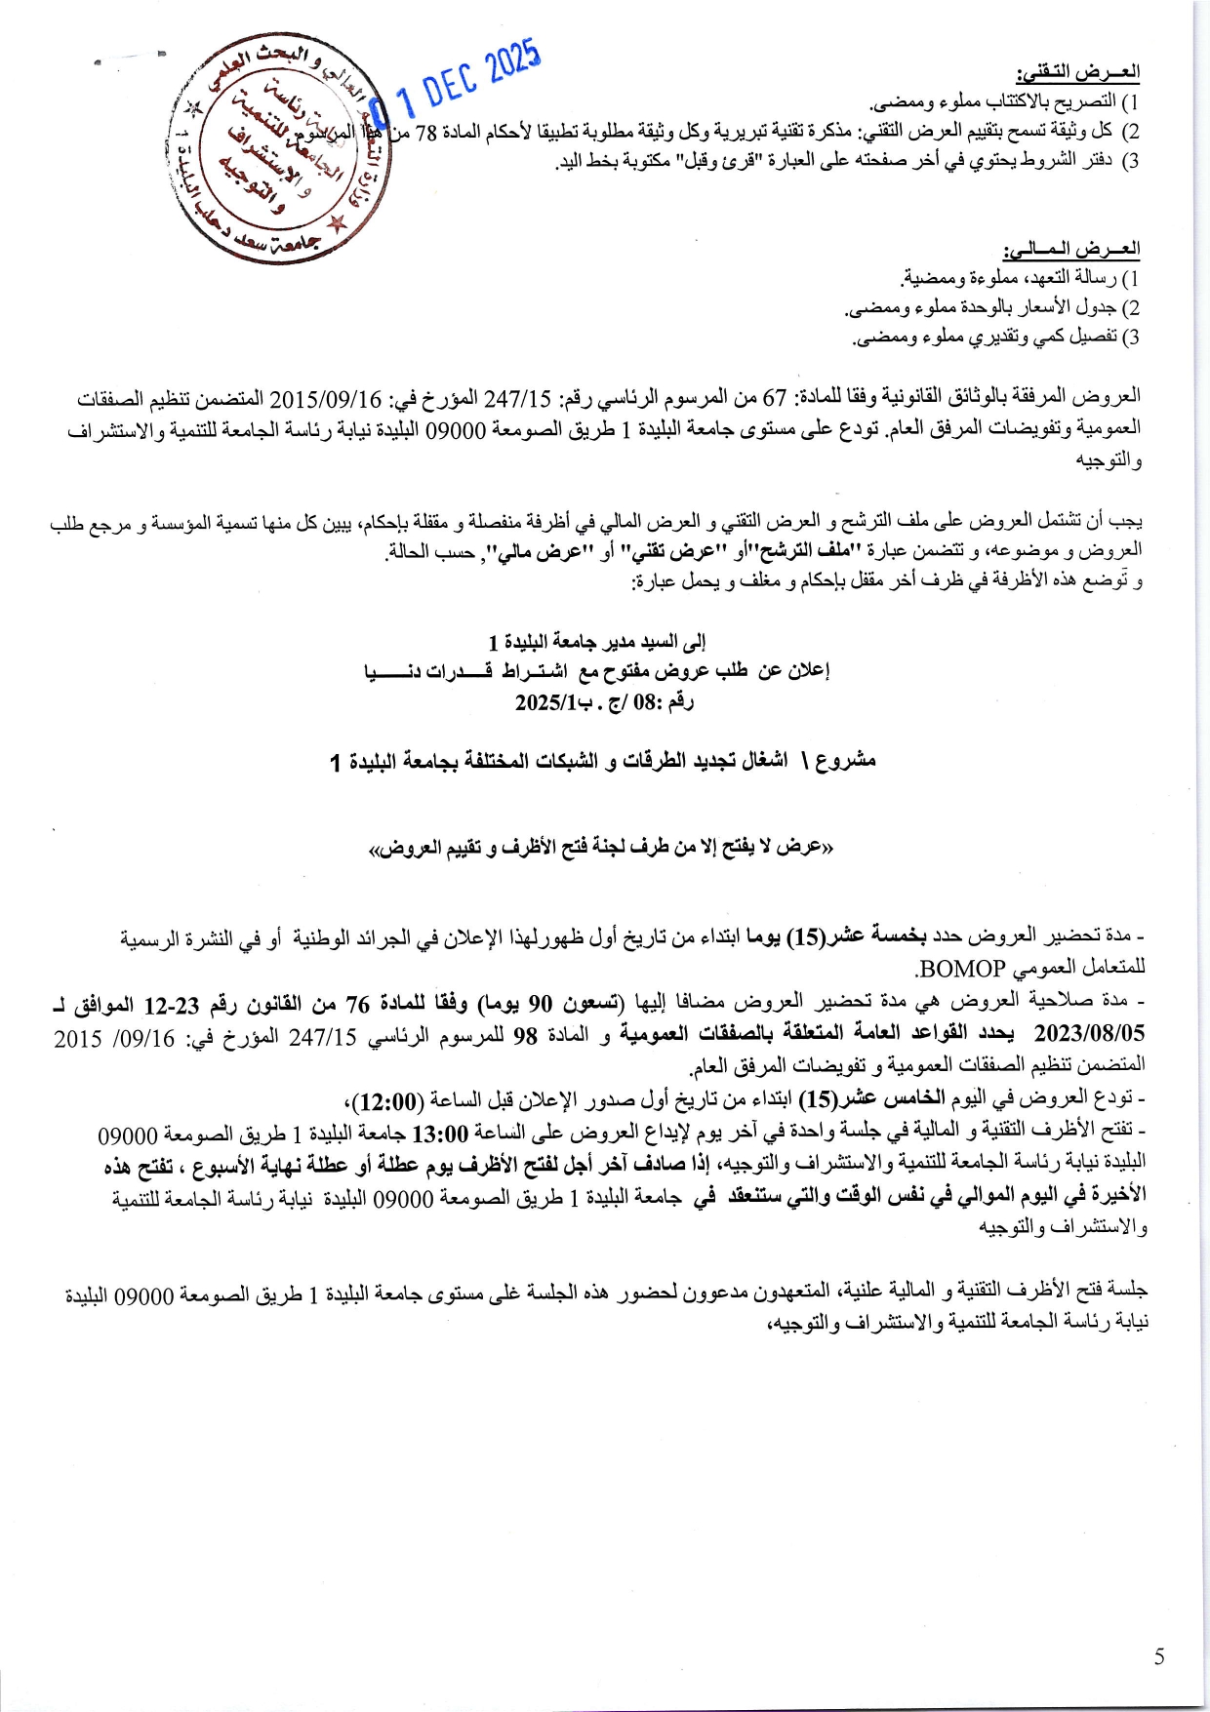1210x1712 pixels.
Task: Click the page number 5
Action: click(x=1158, y=1656)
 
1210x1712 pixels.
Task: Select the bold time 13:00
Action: click(x=442, y=1133)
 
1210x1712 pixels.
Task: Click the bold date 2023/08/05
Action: click(x=1089, y=1032)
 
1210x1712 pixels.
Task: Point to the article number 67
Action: click(x=774, y=398)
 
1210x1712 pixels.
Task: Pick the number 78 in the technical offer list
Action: click(x=427, y=132)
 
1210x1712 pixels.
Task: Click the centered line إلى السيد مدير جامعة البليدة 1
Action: click(x=597, y=641)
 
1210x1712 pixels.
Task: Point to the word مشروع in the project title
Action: click(x=845, y=760)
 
